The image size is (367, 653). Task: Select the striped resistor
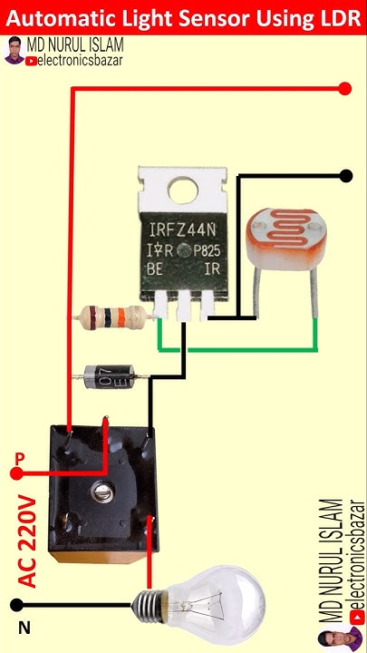coord(111,317)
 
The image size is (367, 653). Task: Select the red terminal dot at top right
coord(344,88)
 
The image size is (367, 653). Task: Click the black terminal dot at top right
coord(345,175)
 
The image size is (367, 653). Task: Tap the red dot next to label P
coord(16,473)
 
